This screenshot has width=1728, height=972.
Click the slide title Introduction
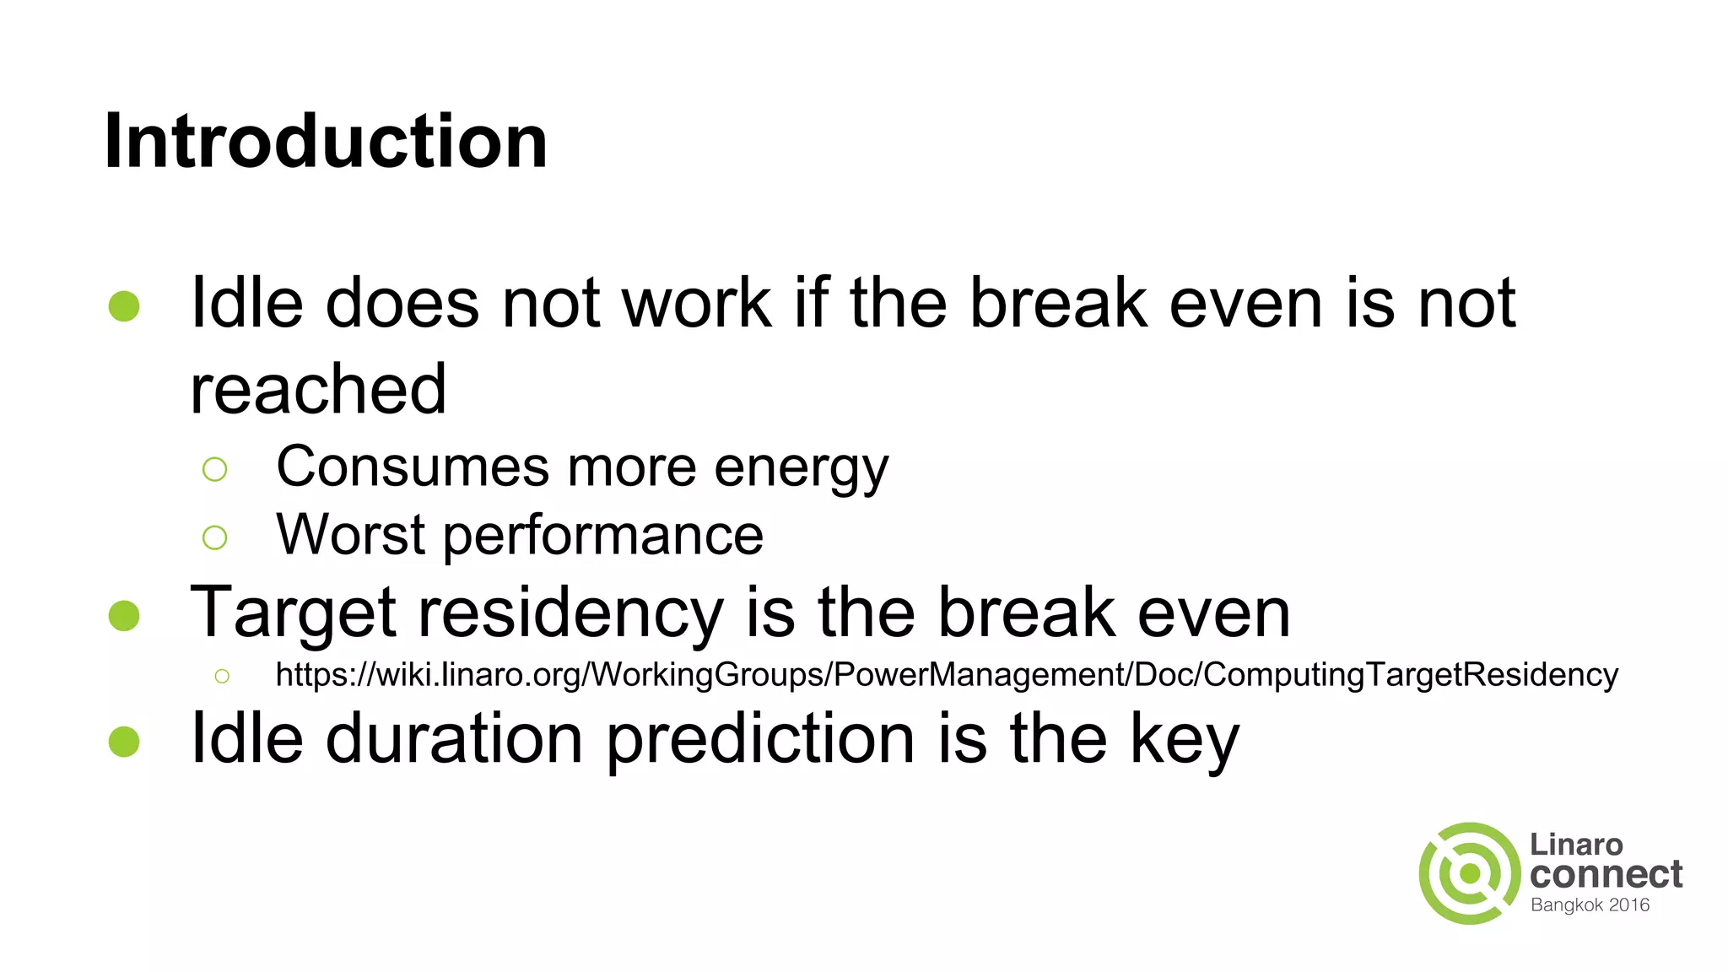click(x=326, y=141)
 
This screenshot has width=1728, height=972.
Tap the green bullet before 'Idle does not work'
click(x=124, y=306)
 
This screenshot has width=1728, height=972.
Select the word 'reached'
click(x=318, y=389)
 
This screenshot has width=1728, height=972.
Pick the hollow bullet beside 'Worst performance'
click(x=215, y=537)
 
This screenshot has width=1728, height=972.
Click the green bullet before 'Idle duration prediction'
click(x=124, y=742)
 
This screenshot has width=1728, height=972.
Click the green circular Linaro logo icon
click(x=1470, y=873)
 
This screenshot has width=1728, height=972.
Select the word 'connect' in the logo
click(x=1606, y=874)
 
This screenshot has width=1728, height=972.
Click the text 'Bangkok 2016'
click(x=1590, y=905)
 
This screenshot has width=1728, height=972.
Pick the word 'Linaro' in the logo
click(x=1576, y=845)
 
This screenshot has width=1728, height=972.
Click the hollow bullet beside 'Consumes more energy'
click(x=215, y=469)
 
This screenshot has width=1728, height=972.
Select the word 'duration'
click(x=454, y=739)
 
